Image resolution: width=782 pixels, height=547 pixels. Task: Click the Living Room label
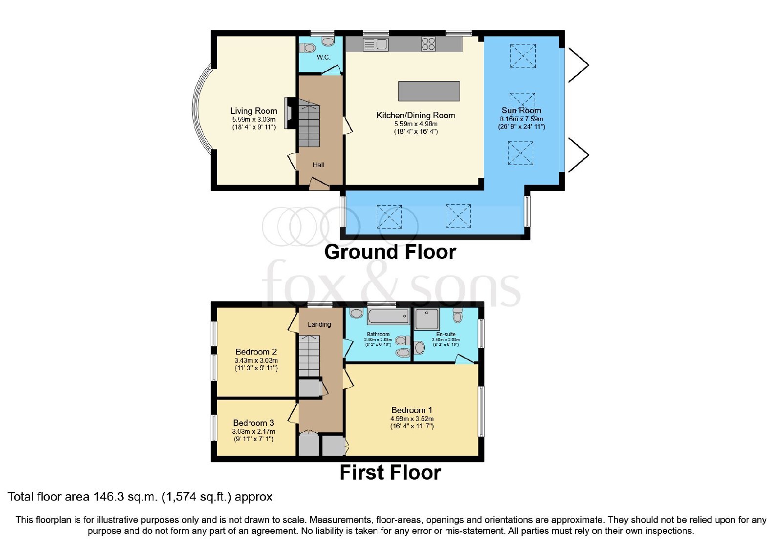click(x=254, y=111)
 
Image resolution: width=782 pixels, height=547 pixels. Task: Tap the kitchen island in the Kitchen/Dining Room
click(x=429, y=91)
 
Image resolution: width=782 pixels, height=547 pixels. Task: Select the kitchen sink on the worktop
click(x=376, y=44)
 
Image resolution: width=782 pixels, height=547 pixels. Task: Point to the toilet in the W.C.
click(x=307, y=47)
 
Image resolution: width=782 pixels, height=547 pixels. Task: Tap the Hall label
click(x=318, y=165)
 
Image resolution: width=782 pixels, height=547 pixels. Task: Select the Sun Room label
click(x=521, y=110)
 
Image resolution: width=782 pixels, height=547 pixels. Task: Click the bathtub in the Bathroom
click(x=388, y=316)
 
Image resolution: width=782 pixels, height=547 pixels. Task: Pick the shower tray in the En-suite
click(x=427, y=319)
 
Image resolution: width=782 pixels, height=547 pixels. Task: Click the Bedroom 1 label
click(x=412, y=410)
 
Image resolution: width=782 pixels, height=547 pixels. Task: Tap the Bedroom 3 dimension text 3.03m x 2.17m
click(x=254, y=432)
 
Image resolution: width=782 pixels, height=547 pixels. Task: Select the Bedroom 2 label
click(x=256, y=352)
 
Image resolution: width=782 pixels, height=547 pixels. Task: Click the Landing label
click(x=319, y=324)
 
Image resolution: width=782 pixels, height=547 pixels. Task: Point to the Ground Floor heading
click(x=390, y=252)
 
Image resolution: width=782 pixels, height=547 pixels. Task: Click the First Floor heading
click(x=391, y=473)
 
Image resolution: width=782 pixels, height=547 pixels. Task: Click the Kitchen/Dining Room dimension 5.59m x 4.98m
click(x=416, y=124)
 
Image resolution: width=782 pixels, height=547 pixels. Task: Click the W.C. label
click(x=323, y=57)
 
